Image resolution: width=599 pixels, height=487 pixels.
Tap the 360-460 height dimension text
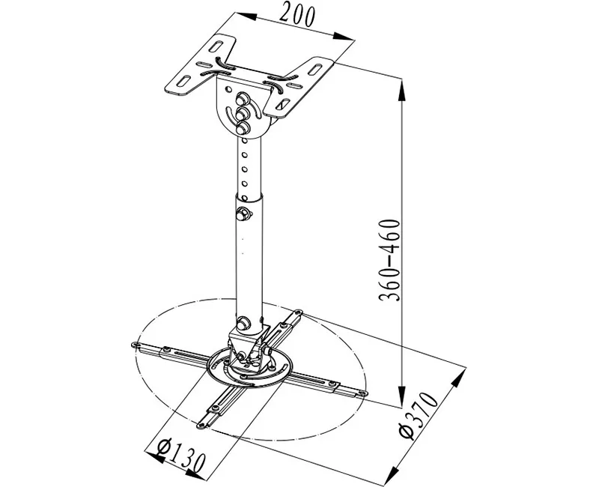[389, 260]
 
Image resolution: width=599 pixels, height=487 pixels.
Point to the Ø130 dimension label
[181, 456]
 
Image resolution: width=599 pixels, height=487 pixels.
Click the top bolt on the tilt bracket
[241, 100]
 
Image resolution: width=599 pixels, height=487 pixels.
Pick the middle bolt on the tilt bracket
[241, 114]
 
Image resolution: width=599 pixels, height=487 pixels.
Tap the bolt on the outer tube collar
[242, 214]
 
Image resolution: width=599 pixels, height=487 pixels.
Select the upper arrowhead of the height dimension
[401, 90]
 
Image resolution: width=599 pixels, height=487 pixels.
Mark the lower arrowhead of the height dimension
[401, 396]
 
